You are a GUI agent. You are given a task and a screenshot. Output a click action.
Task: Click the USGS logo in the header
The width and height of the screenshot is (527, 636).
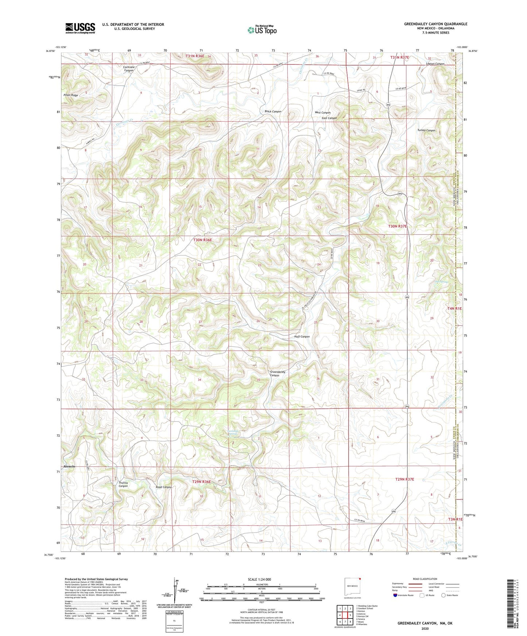80,28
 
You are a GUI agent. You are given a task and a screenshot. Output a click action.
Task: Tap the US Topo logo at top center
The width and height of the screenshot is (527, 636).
262,30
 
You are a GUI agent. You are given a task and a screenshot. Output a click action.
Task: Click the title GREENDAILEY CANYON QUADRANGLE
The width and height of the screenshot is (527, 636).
435,24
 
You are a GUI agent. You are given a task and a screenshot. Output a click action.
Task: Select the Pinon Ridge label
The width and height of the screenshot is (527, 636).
71,95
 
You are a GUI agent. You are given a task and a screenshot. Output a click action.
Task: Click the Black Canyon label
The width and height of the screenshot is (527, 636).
273,111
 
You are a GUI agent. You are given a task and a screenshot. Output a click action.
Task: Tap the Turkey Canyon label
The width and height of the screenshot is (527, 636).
426,130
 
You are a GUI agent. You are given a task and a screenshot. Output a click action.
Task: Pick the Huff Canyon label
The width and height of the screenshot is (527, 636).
302,337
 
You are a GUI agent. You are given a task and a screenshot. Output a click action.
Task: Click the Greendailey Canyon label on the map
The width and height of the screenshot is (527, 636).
278,373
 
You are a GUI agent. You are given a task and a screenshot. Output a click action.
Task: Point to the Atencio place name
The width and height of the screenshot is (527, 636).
69,467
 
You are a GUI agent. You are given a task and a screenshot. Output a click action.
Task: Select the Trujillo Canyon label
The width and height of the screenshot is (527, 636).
123,484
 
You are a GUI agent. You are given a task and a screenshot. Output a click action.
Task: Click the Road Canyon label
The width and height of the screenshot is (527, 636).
163,487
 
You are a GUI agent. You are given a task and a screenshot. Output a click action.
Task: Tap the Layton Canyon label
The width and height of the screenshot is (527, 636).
435,64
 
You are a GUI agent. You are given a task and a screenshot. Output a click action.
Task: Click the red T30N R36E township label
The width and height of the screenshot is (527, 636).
202,240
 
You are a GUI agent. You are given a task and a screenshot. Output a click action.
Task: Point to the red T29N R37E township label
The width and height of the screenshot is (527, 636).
405,479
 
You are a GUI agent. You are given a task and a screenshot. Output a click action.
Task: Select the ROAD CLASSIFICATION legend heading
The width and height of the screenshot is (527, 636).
425,579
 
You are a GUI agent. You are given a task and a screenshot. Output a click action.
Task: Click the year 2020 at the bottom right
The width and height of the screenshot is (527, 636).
425,628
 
